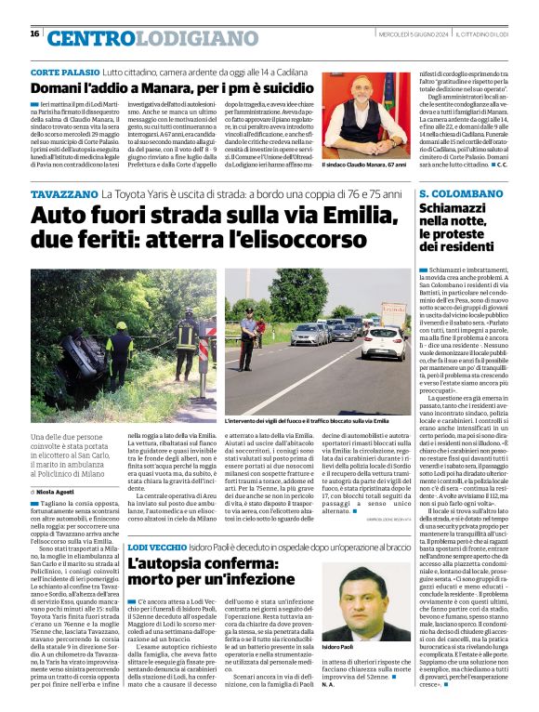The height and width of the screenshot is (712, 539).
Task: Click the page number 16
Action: coord(34,33)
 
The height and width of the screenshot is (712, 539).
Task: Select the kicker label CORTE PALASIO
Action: coord(65,72)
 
